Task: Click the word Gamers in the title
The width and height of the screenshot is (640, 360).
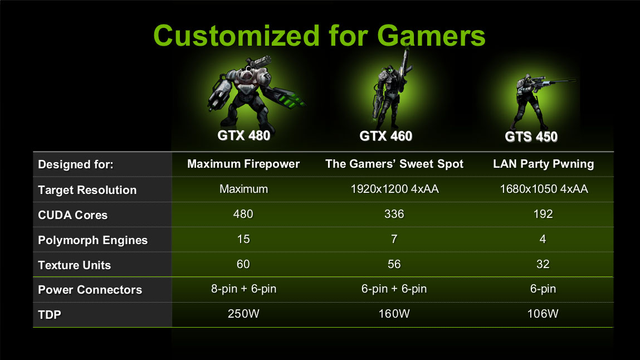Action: (431, 36)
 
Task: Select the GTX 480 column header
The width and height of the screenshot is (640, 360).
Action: (243, 135)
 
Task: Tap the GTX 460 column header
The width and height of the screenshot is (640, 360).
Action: (385, 136)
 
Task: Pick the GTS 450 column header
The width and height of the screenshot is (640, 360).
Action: (531, 137)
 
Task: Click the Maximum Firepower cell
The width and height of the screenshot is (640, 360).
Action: (243, 164)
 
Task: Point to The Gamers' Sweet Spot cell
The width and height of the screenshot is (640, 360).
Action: (394, 164)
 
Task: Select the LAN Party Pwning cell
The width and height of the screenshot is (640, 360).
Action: (543, 164)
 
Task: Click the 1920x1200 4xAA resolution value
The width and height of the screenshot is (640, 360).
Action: (395, 189)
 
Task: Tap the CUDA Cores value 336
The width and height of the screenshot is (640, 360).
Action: (394, 214)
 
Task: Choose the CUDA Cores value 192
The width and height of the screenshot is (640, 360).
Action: (543, 214)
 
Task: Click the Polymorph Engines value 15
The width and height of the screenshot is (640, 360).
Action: (243, 239)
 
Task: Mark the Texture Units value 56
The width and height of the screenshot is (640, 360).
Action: (394, 264)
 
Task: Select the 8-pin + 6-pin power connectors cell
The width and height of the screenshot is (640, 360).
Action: (243, 289)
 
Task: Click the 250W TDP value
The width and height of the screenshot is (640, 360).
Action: (243, 314)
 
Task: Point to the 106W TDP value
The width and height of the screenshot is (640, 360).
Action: (543, 314)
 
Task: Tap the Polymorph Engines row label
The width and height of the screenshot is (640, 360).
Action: (92, 240)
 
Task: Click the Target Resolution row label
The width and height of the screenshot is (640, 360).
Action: (87, 190)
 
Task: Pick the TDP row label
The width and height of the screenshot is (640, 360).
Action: (50, 315)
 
